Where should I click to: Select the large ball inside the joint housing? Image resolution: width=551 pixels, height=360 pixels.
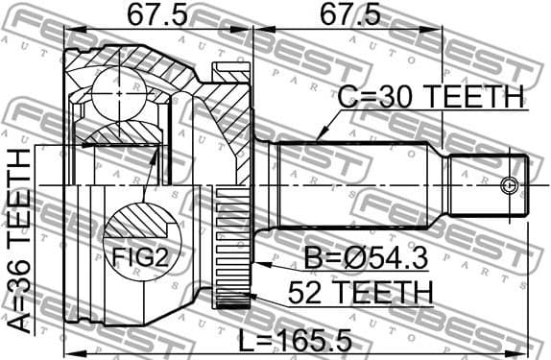[x=116, y=96]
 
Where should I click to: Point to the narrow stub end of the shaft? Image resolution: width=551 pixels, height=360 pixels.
[x=485, y=185]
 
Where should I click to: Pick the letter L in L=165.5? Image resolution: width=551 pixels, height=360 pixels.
[x=249, y=340]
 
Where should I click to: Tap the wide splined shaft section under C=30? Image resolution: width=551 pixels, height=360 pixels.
[x=355, y=185]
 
